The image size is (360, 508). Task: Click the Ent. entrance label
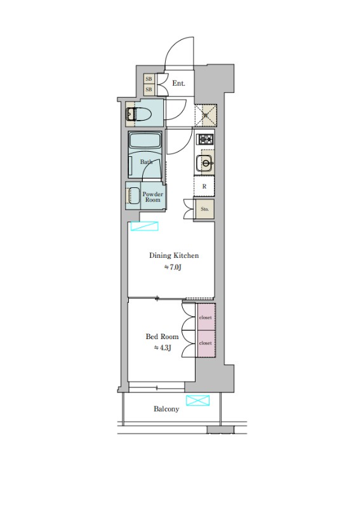click(178, 83)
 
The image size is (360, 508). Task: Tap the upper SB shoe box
click(149, 79)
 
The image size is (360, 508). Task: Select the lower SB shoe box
click(149, 90)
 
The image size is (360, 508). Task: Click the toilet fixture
click(138, 114)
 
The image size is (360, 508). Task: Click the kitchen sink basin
click(205, 163)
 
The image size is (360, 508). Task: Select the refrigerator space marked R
click(204, 186)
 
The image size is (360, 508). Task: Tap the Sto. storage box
click(204, 209)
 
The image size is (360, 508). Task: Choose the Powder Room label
click(152, 197)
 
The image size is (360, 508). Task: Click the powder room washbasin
click(134, 196)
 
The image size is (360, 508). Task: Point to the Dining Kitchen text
click(174, 255)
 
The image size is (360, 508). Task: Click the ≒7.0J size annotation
click(173, 267)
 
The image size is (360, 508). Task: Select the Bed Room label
click(162, 337)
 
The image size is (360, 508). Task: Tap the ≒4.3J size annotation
click(163, 348)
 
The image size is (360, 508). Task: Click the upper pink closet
click(206, 317)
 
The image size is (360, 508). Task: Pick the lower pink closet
click(206, 344)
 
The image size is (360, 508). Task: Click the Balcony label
click(166, 409)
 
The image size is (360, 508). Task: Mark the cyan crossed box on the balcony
click(197, 401)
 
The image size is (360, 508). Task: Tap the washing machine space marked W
click(206, 116)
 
